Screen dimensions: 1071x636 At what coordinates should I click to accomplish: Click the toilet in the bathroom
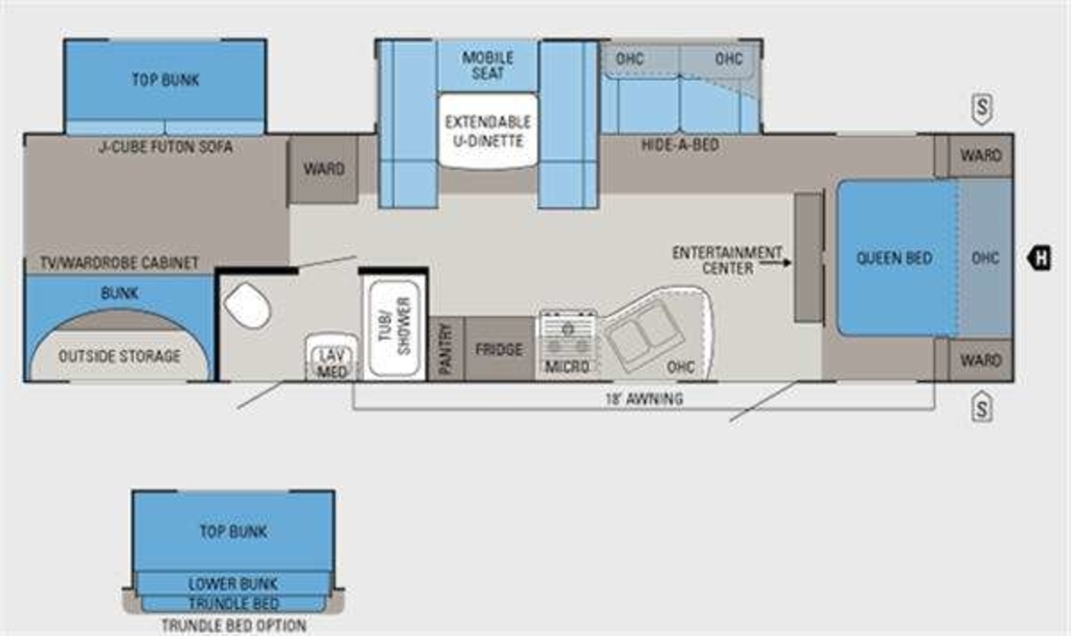pyautogui.click(x=247, y=305)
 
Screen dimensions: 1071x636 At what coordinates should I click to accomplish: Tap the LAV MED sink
pyautogui.click(x=332, y=357)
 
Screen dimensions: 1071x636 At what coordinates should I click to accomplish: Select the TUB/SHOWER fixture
pyautogui.click(x=394, y=328)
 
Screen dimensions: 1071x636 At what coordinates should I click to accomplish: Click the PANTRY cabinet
pyautogui.click(x=445, y=348)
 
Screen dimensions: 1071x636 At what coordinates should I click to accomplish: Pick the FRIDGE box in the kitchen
pyautogui.click(x=499, y=349)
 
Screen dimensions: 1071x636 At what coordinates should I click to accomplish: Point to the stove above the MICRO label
pyautogui.click(x=568, y=334)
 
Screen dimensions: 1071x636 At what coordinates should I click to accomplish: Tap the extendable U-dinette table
pyautogui.click(x=488, y=131)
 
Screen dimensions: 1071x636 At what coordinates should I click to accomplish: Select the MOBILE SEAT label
pyautogui.click(x=487, y=65)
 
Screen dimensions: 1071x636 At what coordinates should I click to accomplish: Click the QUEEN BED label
pyautogui.click(x=894, y=258)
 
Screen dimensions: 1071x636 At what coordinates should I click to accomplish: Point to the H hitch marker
pyautogui.click(x=1040, y=257)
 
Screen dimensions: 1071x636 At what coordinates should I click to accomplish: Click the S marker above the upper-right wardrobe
pyautogui.click(x=982, y=108)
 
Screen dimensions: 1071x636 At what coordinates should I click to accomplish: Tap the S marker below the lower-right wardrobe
pyautogui.click(x=982, y=407)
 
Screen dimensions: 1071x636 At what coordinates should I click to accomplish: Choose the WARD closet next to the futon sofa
pyautogui.click(x=324, y=170)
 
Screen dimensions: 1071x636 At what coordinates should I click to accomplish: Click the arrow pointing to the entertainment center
pyautogui.click(x=776, y=263)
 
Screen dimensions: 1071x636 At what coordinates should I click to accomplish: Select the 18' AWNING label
pyautogui.click(x=644, y=398)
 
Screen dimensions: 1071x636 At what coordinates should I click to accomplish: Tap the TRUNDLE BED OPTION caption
pyautogui.click(x=234, y=625)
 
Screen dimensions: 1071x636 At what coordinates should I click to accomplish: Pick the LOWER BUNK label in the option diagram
pyautogui.click(x=233, y=584)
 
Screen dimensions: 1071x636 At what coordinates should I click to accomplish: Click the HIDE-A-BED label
pyautogui.click(x=680, y=145)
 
